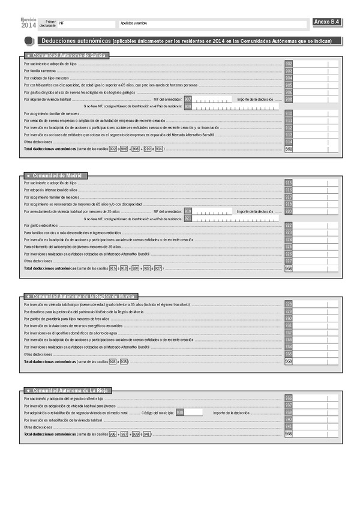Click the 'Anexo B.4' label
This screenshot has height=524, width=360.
[x=327, y=22]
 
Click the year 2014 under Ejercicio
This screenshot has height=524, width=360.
[x=28, y=25]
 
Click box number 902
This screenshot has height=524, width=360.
[x=289, y=64]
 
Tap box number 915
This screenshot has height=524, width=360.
[x=289, y=182]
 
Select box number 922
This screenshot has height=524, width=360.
[x=289, y=225]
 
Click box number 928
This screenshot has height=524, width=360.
[x=289, y=304]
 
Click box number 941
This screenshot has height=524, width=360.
[x=289, y=427]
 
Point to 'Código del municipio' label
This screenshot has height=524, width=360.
[x=157, y=413]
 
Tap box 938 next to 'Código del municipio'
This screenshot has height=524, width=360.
[x=179, y=413]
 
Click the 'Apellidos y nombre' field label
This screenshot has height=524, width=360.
[x=133, y=22]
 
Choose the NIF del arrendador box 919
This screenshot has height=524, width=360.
[x=188, y=211]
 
